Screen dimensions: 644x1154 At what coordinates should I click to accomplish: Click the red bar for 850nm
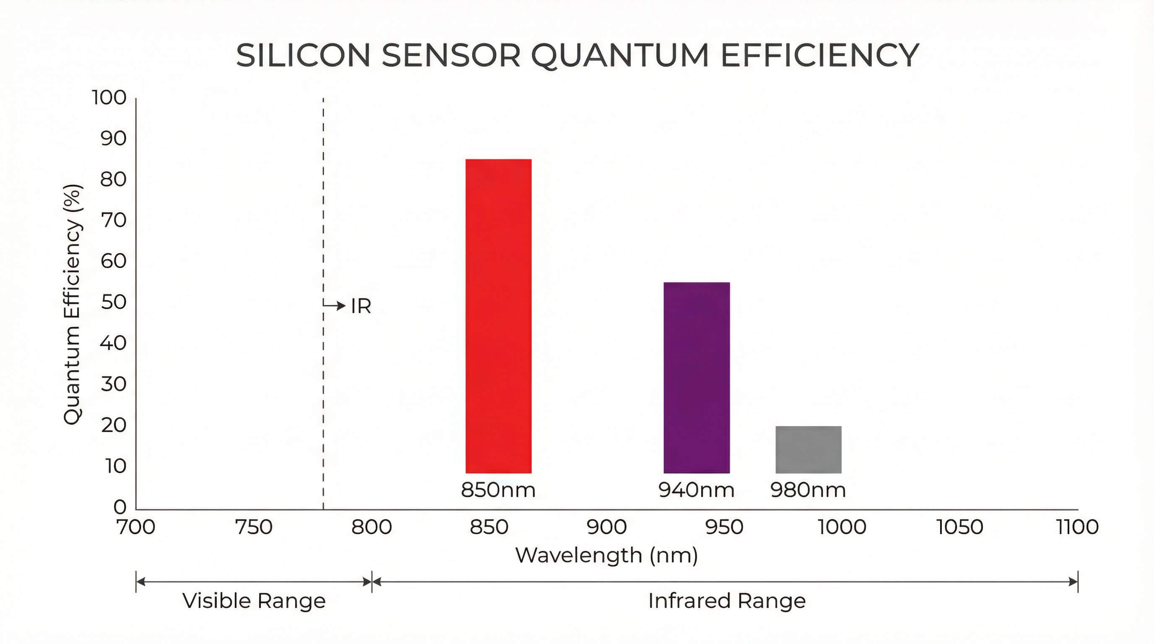(498, 316)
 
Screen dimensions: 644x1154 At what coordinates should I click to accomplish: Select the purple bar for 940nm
(697, 377)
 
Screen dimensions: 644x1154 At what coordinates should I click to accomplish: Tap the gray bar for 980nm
(808, 449)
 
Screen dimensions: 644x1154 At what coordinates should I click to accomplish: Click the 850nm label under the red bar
(498, 490)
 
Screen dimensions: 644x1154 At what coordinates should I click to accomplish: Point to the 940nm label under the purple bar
(697, 490)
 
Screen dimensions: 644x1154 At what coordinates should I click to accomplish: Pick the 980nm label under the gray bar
(808, 490)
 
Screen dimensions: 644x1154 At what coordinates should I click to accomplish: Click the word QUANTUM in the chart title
(620, 56)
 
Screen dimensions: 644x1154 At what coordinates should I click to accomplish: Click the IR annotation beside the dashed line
(361, 306)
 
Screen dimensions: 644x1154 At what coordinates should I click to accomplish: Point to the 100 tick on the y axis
(109, 98)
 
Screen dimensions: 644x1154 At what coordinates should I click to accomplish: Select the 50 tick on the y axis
(113, 302)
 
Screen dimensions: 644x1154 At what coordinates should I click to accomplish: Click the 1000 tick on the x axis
(842, 527)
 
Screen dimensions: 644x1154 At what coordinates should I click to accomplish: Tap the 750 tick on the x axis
(254, 527)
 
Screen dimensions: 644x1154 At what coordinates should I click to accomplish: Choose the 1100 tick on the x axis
(1077, 527)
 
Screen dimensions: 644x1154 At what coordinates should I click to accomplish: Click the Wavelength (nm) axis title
(607, 556)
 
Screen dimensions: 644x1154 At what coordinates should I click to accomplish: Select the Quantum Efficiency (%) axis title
(73, 304)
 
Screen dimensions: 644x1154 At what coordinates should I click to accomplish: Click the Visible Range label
(254, 600)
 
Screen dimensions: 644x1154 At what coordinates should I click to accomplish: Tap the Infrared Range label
(727, 600)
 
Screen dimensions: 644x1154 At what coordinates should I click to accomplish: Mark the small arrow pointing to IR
(335, 305)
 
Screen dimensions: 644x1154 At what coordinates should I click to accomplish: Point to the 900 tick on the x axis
(607, 527)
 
